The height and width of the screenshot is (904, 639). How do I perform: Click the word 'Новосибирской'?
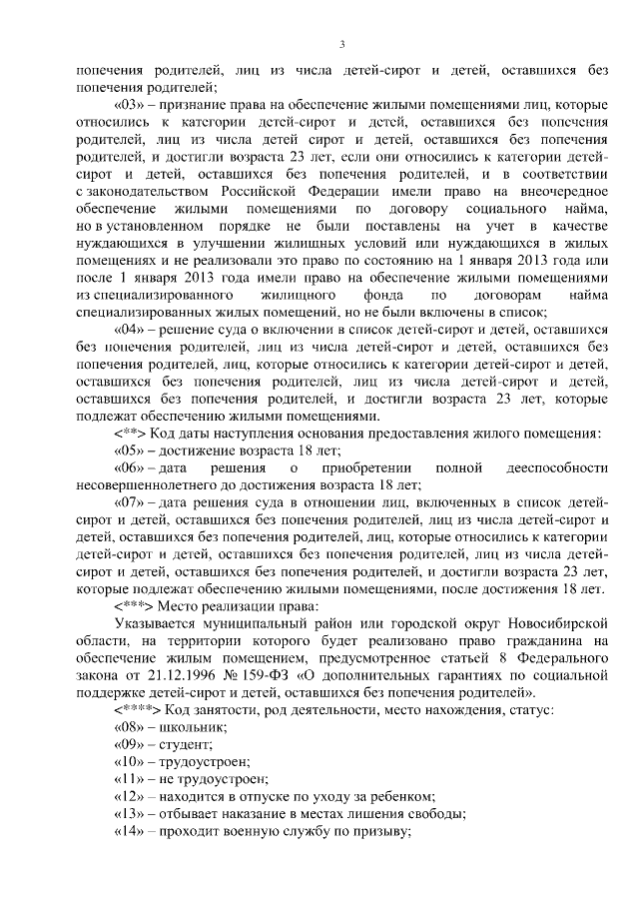click(x=557, y=622)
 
